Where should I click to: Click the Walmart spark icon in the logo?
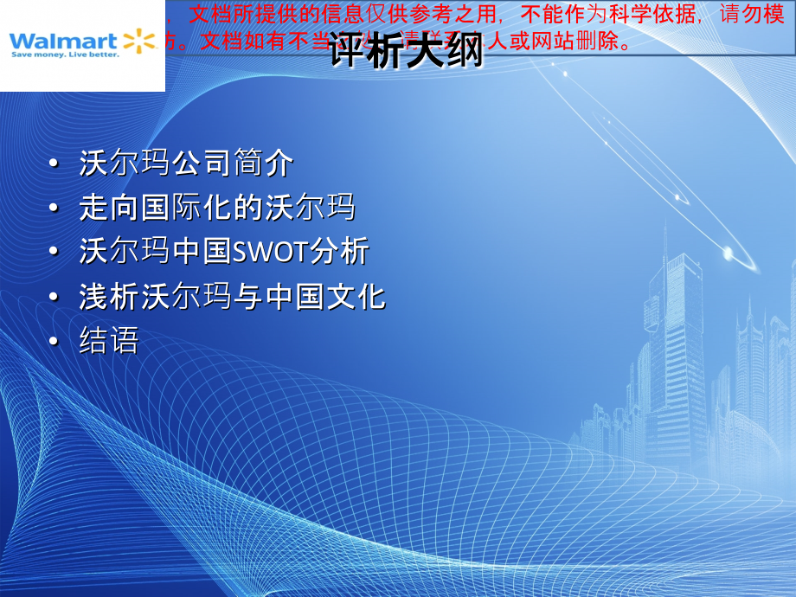(x=139, y=40)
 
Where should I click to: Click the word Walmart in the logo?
(x=63, y=41)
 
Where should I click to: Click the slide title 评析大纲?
(x=406, y=54)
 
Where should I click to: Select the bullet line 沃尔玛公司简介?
(x=186, y=163)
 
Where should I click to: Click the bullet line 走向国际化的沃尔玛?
(x=216, y=208)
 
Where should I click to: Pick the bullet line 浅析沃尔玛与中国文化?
(x=232, y=297)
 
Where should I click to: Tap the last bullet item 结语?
(x=108, y=341)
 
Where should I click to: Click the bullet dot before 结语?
(x=55, y=342)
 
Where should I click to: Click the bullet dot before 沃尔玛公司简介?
(x=55, y=164)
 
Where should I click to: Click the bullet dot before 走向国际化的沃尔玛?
(x=55, y=209)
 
